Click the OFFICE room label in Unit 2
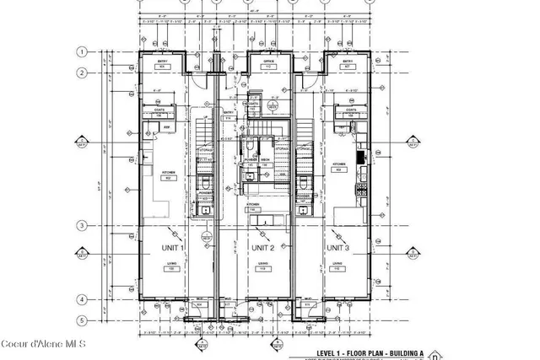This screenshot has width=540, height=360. [x=269, y=62]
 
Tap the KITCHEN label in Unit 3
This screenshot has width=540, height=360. [x=340, y=164]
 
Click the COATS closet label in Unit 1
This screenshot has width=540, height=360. [x=159, y=109]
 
